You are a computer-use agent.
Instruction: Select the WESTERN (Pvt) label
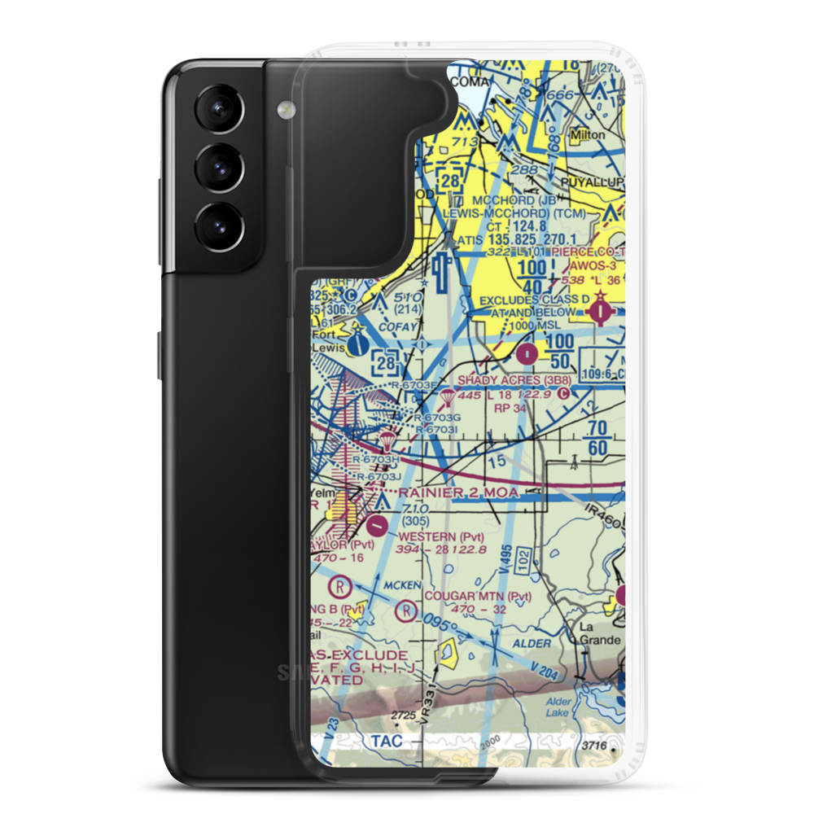click(x=441, y=536)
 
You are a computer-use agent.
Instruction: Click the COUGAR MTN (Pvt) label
click(x=479, y=596)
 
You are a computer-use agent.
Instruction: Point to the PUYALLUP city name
click(x=598, y=181)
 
